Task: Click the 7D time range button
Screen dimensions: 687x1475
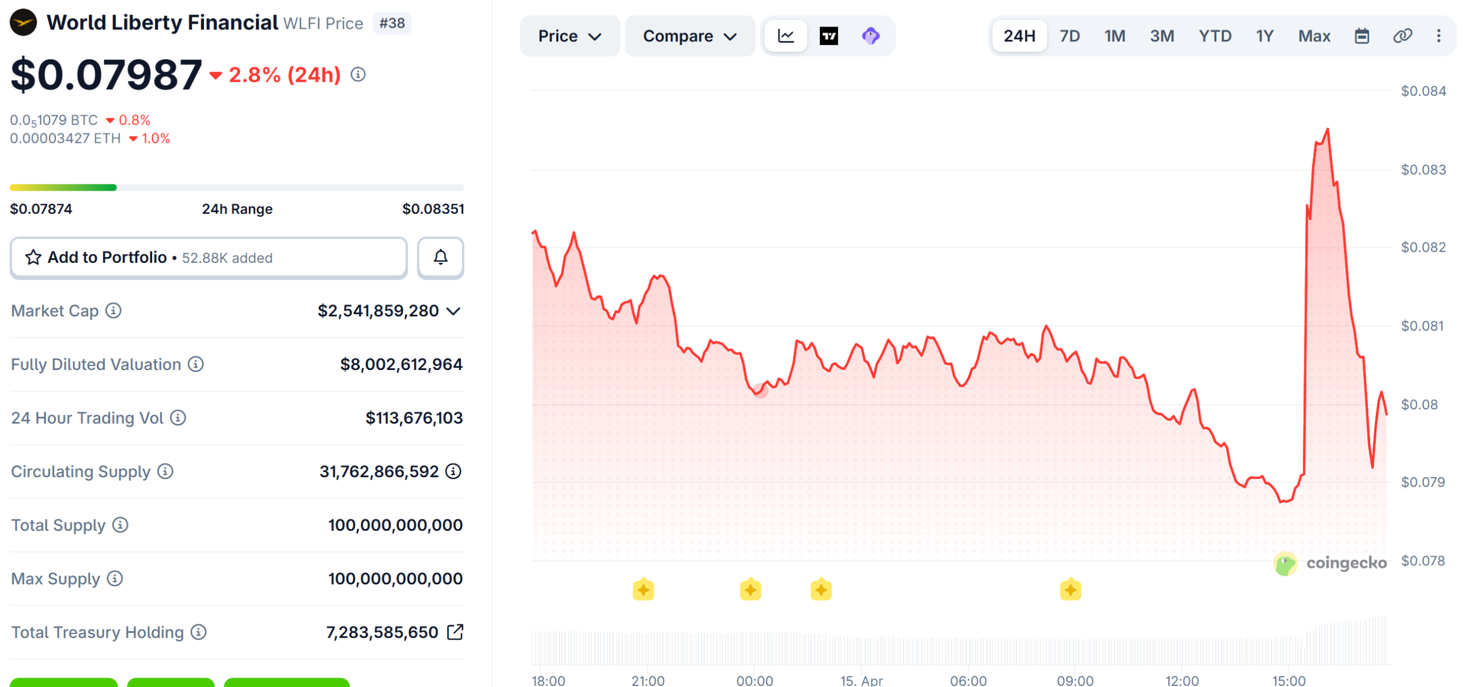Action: tap(1069, 36)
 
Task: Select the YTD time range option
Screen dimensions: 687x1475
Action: tap(1215, 36)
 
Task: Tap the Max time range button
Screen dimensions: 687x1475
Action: tap(1314, 36)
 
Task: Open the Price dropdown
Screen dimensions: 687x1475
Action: tap(569, 36)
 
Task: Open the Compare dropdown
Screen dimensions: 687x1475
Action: tap(689, 36)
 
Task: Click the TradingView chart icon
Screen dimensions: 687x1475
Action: tap(829, 36)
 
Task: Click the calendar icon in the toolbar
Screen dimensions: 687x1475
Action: tap(1361, 36)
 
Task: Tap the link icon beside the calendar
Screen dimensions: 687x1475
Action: tap(1402, 36)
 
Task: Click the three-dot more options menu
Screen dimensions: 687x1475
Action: tap(1439, 36)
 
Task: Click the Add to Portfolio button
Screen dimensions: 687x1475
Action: tap(209, 258)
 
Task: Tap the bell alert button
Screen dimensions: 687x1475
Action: tap(441, 258)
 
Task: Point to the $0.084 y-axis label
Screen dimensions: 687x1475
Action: tap(1423, 91)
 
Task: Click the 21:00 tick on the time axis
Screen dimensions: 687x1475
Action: tap(648, 681)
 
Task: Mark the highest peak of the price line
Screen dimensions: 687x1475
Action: tap(1328, 130)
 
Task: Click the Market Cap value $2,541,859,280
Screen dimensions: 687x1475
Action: tap(378, 311)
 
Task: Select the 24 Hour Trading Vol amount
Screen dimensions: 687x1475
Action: tap(414, 418)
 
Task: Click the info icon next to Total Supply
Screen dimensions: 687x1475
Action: tap(120, 525)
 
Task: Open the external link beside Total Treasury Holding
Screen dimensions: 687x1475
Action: tap(455, 632)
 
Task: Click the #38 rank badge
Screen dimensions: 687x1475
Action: tap(392, 23)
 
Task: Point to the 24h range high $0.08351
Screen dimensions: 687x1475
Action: tap(433, 209)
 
